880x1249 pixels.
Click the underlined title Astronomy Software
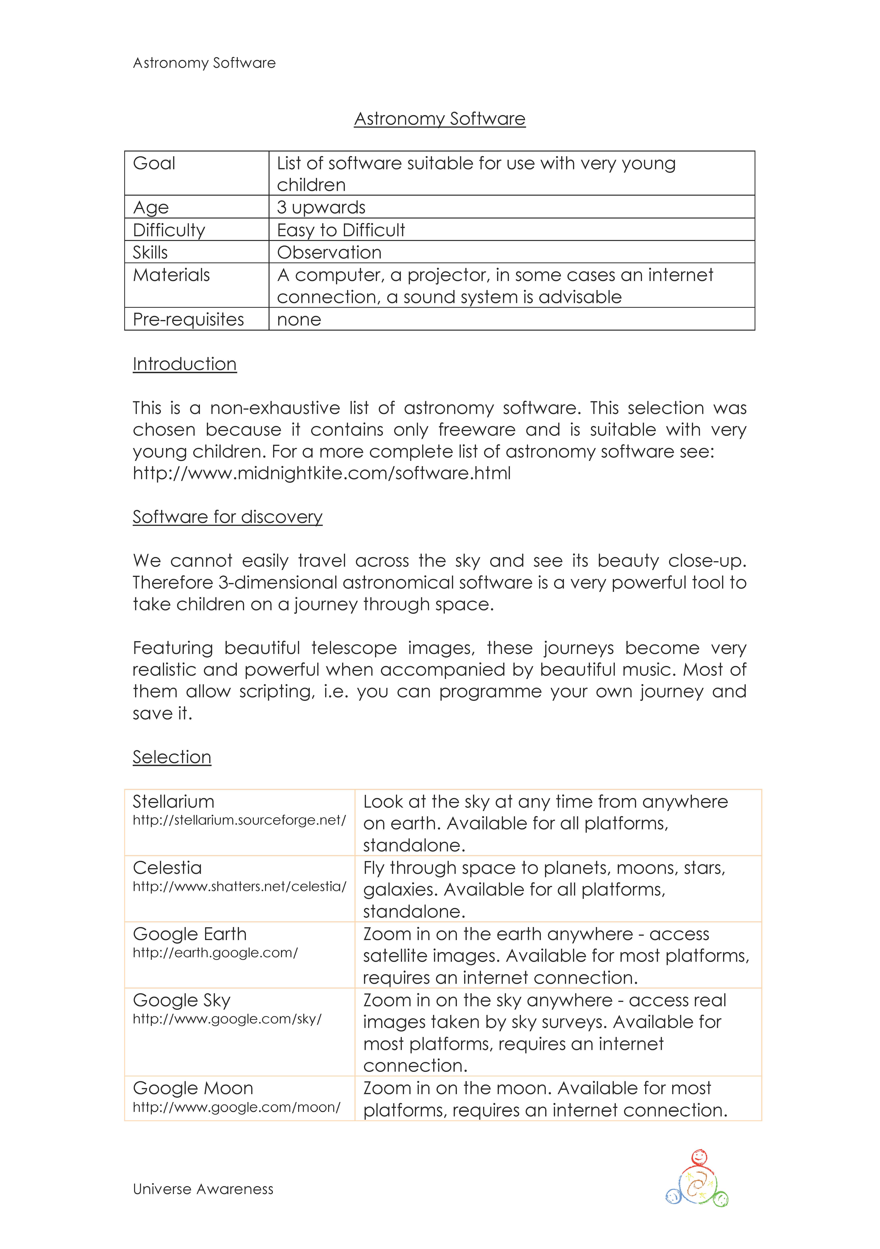440,119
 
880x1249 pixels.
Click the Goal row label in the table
154,163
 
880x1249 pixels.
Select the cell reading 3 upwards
321,207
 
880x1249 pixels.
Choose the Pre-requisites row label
188,319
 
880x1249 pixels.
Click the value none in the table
299,319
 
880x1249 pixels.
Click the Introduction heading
185,364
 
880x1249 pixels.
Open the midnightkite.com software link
322,473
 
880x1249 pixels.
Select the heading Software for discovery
228,517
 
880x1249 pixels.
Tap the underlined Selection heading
172,757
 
